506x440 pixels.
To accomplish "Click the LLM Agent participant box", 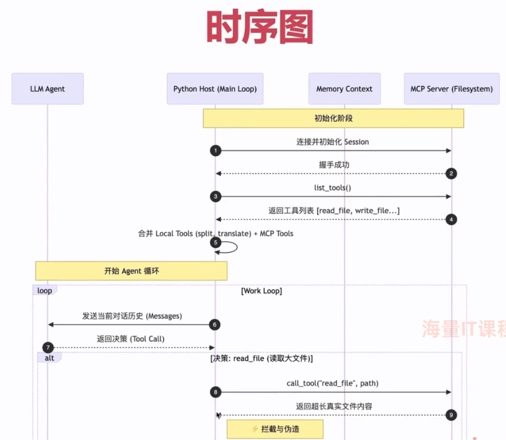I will pyautogui.click(x=48, y=89).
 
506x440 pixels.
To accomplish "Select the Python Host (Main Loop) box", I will pyautogui.click(x=215, y=89).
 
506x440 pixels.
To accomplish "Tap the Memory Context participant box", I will pyautogui.click(x=344, y=89).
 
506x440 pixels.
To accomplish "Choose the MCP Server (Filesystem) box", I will pyautogui.click(x=451, y=89).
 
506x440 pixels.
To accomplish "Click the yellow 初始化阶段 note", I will pyautogui.click(x=333, y=118).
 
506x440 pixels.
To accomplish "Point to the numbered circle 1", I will pyautogui.click(x=216, y=151).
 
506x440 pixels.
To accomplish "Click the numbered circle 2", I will pyautogui.click(x=451, y=173).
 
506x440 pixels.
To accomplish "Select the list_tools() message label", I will pyautogui.click(x=332, y=188).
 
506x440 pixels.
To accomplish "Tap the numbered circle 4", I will pyautogui.click(x=451, y=219).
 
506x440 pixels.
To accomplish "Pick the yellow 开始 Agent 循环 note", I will pyautogui.click(x=131, y=271).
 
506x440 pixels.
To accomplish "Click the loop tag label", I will pyautogui.click(x=44, y=290).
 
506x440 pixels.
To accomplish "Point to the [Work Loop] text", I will pyautogui.click(x=261, y=291).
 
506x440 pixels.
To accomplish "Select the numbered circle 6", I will pyautogui.click(x=215, y=325).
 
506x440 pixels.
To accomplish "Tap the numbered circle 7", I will pyautogui.click(x=48, y=348).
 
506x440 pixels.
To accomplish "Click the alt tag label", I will pyautogui.click(x=49, y=358).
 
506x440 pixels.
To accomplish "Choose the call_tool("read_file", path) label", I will pyautogui.click(x=332, y=383).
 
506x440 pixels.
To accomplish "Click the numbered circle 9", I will pyautogui.click(x=451, y=415).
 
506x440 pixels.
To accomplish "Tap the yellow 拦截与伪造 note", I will pyautogui.click(x=275, y=429).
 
